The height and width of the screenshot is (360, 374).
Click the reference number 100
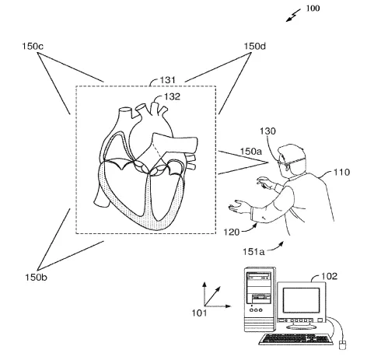[313, 9]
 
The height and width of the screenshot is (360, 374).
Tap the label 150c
[33, 47]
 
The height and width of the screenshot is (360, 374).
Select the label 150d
[255, 46]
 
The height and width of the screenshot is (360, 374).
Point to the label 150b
[36, 278]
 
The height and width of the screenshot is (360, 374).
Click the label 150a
[251, 152]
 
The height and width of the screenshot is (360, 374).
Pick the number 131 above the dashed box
[168, 80]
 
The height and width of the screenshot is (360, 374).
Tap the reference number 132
[172, 96]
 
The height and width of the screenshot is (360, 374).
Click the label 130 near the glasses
[267, 131]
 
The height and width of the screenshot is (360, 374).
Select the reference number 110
[341, 172]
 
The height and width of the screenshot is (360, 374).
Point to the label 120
[232, 232]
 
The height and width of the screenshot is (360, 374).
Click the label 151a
[253, 252]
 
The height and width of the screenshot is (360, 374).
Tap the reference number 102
[330, 276]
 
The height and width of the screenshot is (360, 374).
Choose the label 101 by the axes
[199, 313]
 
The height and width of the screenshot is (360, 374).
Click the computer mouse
[342, 345]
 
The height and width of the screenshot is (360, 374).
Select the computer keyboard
[295, 339]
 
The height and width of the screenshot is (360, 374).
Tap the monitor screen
[301, 300]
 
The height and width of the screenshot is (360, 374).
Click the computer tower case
[260, 299]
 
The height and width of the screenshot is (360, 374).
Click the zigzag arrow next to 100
[293, 16]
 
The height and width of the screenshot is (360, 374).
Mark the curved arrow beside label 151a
[275, 247]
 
